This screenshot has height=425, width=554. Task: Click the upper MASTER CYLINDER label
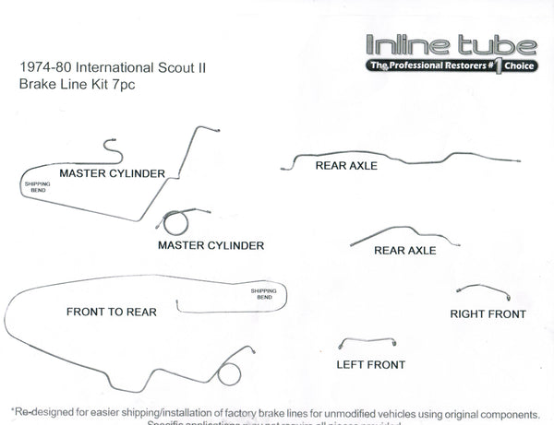pos(112,173)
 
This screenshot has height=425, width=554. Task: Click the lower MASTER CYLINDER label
pos(211,246)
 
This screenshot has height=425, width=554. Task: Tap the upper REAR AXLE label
pos(354,167)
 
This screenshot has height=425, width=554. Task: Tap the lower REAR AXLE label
pos(404,250)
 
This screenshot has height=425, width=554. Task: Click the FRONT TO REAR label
pos(111,313)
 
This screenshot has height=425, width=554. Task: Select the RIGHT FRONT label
pos(488,314)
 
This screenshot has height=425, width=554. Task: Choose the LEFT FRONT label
pos(370,365)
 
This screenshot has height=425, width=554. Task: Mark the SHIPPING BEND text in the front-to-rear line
pos(264,295)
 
